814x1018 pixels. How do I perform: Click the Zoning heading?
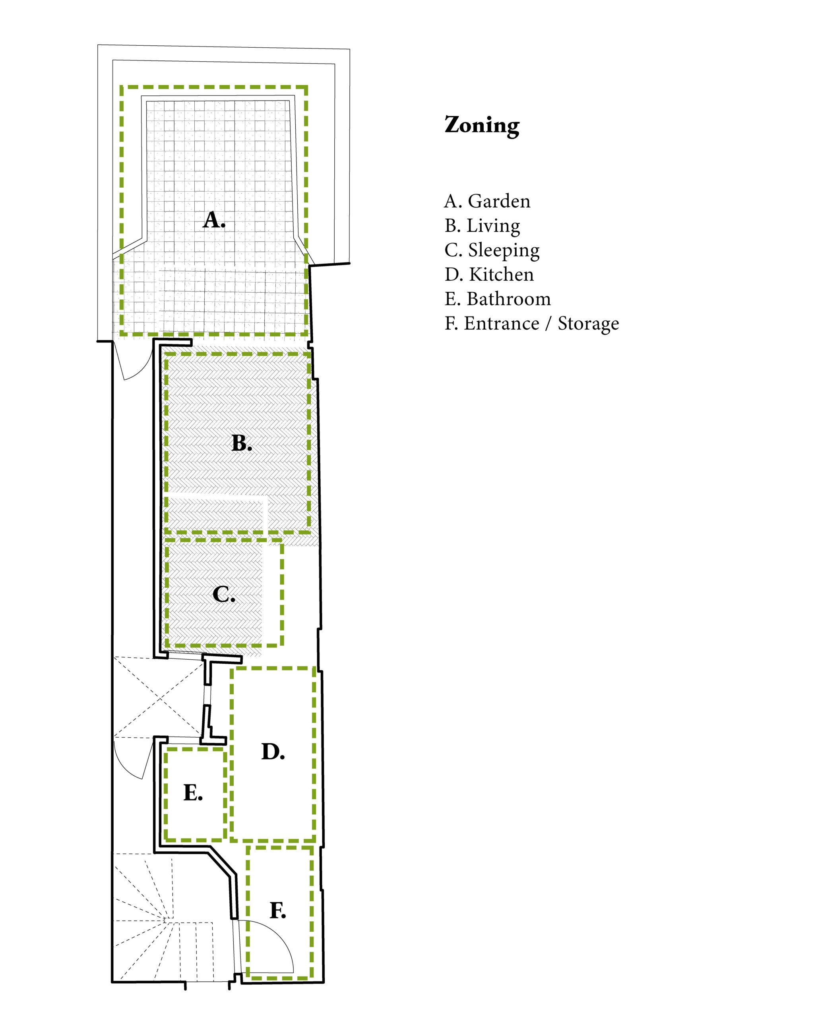pyautogui.click(x=482, y=126)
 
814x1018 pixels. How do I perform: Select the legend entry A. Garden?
pyautogui.click(x=487, y=202)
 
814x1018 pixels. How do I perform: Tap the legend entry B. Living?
pyautogui.click(x=482, y=226)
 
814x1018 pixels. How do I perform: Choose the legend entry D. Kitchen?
pyautogui.click(x=489, y=275)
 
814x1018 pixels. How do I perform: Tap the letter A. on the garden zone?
pyautogui.click(x=214, y=220)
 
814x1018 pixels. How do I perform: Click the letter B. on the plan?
pyautogui.click(x=242, y=443)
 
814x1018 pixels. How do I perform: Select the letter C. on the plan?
pyautogui.click(x=224, y=594)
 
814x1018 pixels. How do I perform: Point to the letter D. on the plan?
pyautogui.click(x=273, y=751)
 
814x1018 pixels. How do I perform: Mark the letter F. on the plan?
pyautogui.click(x=278, y=910)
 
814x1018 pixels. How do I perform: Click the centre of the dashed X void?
pyautogui.click(x=161, y=698)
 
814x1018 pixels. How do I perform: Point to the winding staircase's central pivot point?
pyautogui.click(x=164, y=921)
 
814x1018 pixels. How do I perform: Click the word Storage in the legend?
pyautogui.click(x=588, y=324)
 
